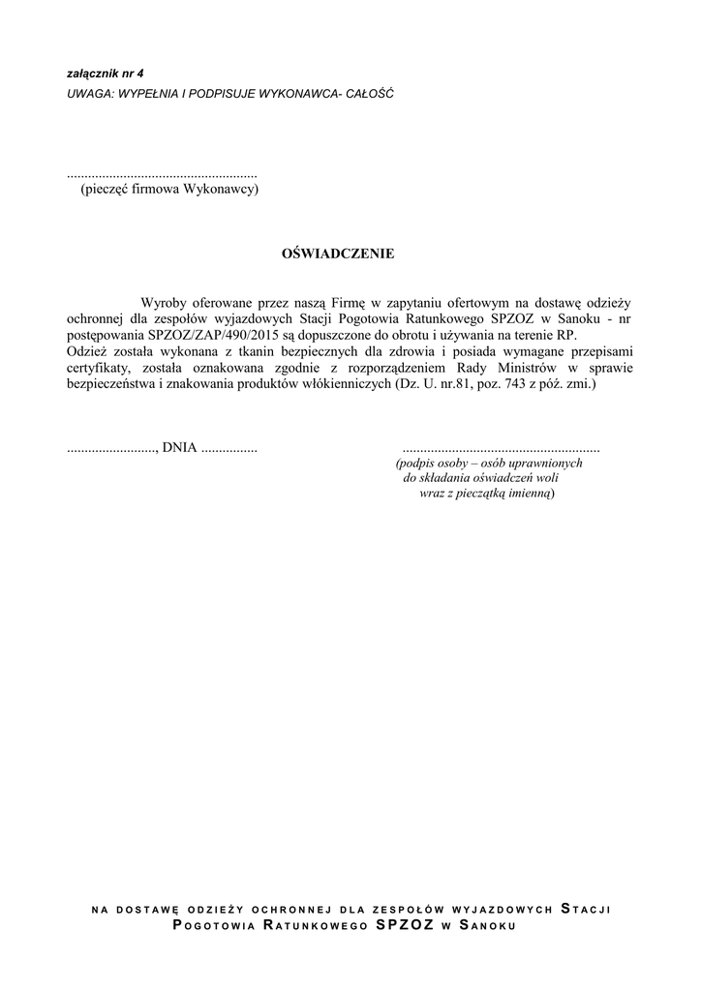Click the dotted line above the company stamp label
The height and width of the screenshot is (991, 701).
click(x=162, y=175)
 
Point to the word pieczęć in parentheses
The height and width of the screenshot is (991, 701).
click(x=108, y=190)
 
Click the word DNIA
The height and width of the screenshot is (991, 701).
click(x=179, y=448)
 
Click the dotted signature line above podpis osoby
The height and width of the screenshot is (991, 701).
click(x=501, y=449)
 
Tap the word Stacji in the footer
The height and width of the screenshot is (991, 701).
click(x=585, y=909)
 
